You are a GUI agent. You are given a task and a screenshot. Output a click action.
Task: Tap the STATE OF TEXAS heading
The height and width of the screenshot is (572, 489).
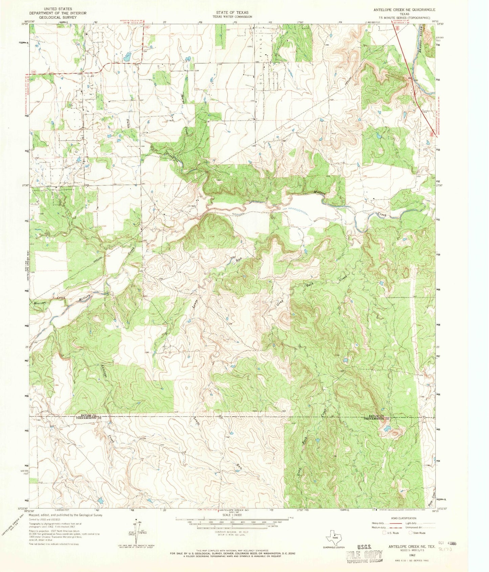232,12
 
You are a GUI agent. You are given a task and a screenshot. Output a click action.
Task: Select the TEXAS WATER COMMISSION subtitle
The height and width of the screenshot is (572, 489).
232,17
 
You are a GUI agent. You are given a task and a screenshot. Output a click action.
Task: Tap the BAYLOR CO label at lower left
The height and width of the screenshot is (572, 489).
89,415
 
